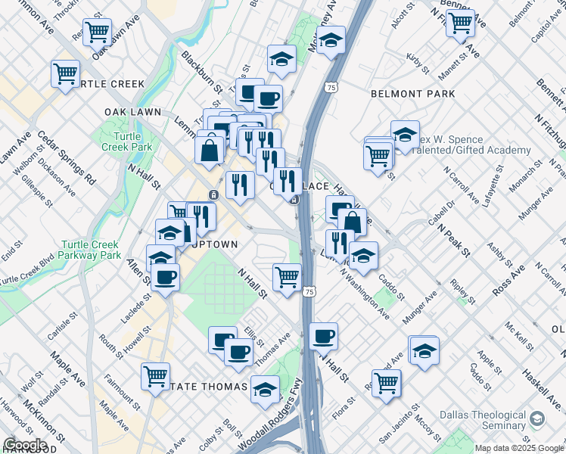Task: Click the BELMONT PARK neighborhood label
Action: [413, 94]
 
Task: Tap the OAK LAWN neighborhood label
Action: [133, 112]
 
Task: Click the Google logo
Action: [25, 445]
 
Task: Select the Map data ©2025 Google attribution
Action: [519, 448]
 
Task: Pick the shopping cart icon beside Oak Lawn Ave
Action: [98, 32]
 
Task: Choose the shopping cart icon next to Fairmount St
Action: [155, 375]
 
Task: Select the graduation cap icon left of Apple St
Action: [424, 350]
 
